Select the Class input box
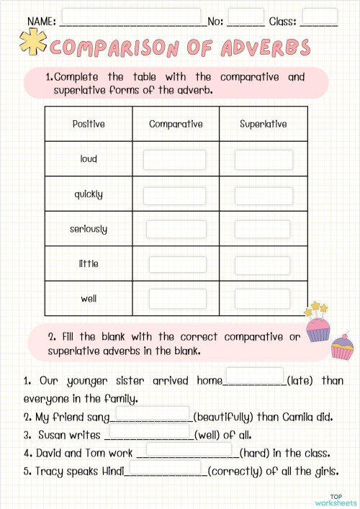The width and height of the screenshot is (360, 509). pyautogui.click(x=320, y=16)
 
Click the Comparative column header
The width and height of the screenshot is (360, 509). pyautogui.click(x=176, y=124)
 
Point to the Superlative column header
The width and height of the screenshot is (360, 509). pyautogui.click(x=264, y=124)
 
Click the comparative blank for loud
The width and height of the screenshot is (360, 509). pyautogui.click(x=174, y=159)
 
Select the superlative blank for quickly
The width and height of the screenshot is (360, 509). pyautogui.click(x=264, y=195)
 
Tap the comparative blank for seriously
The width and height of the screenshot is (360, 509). pyautogui.click(x=176, y=229)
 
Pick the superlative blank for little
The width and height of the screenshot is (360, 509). pyautogui.click(x=264, y=263)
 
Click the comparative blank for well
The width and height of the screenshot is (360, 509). pyautogui.click(x=176, y=298)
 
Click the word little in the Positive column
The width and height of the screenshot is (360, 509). pyautogui.click(x=89, y=263)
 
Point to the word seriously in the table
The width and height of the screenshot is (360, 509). pyautogui.click(x=89, y=229)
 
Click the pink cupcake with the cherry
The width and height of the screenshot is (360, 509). pyautogui.click(x=342, y=348)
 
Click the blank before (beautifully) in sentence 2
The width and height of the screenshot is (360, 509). pyautogui.click(x=152, y=415)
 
